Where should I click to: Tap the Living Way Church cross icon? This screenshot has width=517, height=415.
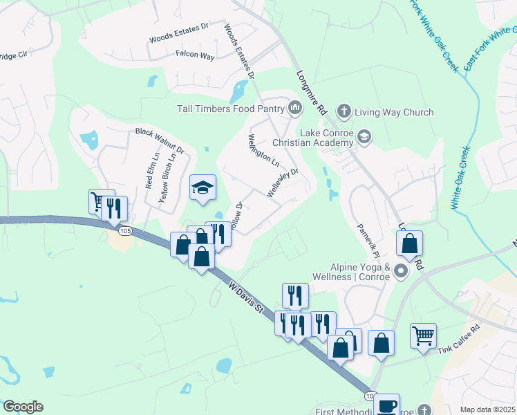(344, 111)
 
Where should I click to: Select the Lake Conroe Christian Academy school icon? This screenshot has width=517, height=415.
(364, 138)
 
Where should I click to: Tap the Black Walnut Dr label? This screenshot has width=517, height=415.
(160, 140)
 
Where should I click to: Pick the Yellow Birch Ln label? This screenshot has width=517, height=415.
(164, 177)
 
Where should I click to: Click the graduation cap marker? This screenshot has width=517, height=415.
(203, 187)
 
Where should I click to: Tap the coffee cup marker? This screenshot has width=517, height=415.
(386, 406)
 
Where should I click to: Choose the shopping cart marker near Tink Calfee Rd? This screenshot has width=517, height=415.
(423, 335)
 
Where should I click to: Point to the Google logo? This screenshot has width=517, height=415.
(23, 407)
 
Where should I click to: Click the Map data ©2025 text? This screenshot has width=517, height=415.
(487, 409)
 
